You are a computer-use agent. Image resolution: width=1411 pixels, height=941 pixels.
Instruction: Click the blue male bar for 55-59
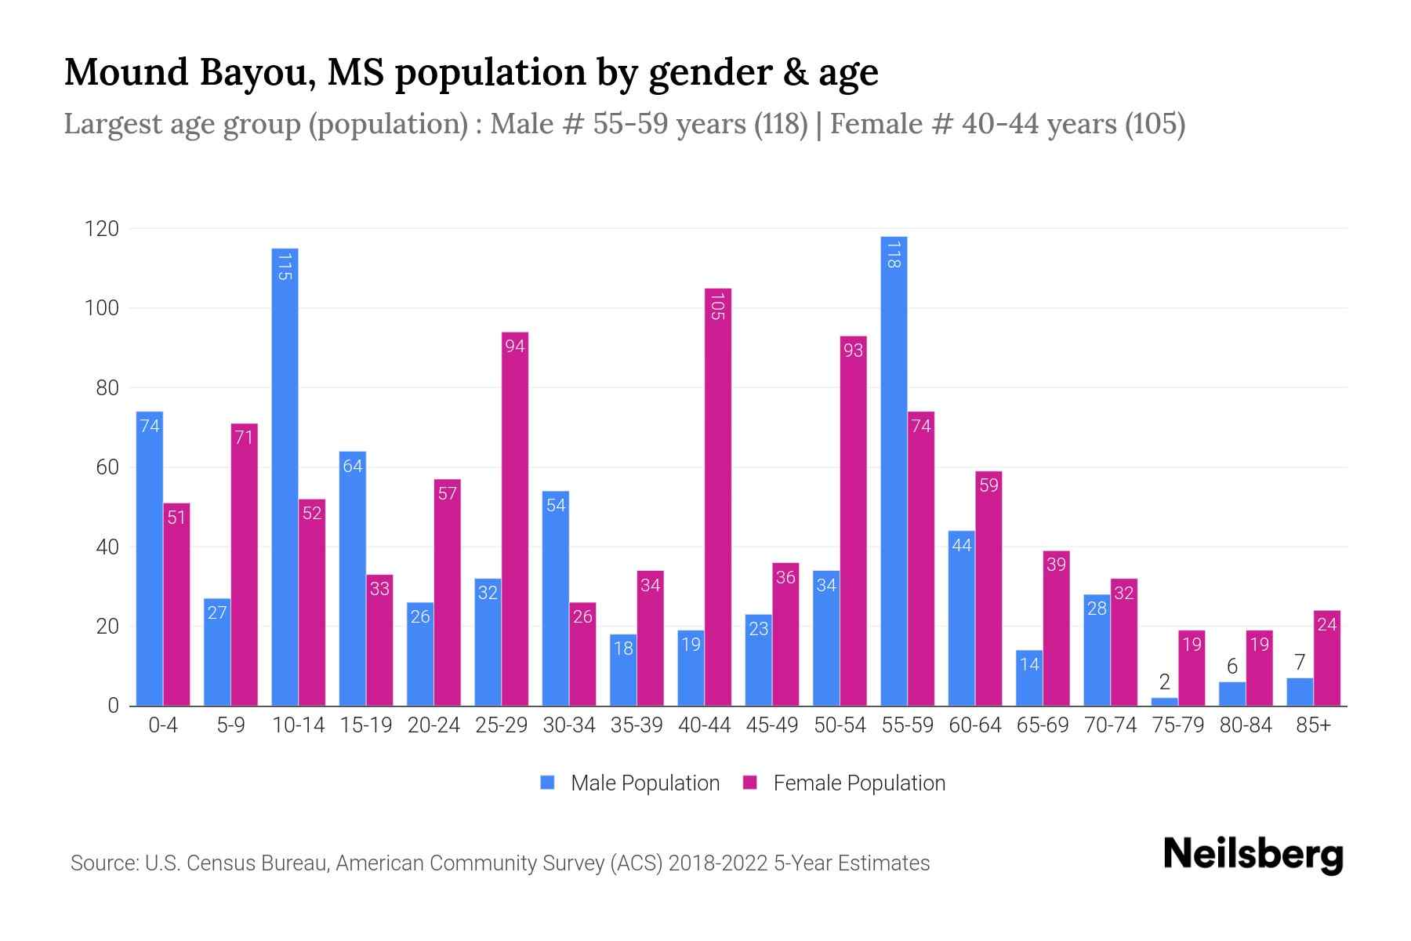[x=894, y=470]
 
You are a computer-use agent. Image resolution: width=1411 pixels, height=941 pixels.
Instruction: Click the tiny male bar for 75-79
[x=1164, y=702]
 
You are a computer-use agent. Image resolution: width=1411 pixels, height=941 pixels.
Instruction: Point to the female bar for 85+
[x=1327, y=659]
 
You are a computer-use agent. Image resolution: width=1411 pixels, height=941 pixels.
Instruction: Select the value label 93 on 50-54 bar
[x=853, y=351]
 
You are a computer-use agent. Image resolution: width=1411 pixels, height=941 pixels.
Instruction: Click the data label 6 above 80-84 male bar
[x=1231, y=667]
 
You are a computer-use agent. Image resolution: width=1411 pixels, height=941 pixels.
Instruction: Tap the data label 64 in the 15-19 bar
[x=353, y=467]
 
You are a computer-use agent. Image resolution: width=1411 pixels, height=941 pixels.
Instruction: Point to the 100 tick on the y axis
[x=101, y=308]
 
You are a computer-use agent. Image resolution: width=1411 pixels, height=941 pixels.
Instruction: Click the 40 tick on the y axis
[x=107, y=547]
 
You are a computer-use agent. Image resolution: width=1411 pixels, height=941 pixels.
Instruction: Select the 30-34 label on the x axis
[x=569, y=725]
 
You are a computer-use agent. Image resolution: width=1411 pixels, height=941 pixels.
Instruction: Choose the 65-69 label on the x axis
[x=1043, y=725]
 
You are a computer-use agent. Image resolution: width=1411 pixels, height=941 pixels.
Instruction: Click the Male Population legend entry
[x=630, y=783]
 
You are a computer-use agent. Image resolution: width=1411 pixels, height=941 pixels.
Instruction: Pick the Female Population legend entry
[x=844, y=783]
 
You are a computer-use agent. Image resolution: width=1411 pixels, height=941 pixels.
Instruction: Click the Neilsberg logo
[x=1253, y=855]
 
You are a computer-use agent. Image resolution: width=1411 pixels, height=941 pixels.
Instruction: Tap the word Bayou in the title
[x=257, y=73]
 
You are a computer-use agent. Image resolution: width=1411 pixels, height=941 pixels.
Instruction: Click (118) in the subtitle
[x=780, y=124]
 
